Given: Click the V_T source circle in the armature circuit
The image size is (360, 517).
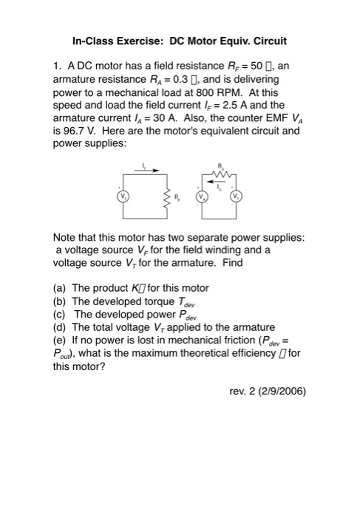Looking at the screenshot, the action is (x=237, y=198).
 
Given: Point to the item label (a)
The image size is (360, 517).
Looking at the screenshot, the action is (x=61, y=287).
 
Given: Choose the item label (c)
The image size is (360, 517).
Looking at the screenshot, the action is (x=61, y=313).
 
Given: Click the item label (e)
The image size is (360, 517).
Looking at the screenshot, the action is (x=61, y=339).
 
